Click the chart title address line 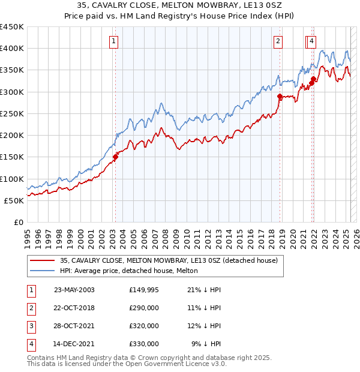[180, 5]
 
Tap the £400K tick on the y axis [12, 49]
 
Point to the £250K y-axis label [12, 113]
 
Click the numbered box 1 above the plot [113, 41]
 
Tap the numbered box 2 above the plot [278, 41]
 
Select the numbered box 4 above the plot [313, 41]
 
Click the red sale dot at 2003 [116, 158]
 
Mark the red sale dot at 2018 [280, 97]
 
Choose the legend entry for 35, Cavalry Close [168, 261]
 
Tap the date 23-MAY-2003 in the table [74, 290]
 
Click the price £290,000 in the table [144, 308]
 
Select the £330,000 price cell [144, 344]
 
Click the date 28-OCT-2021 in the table [74, 326]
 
